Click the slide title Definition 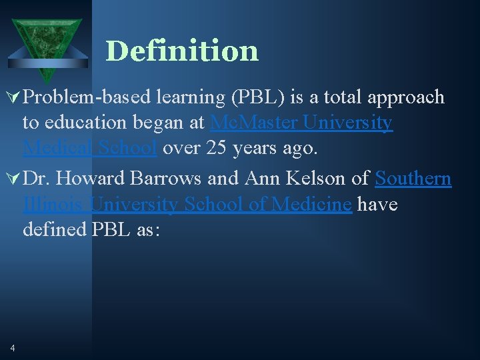[x=181, y=51]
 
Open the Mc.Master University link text [x=301, y=123]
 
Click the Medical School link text [x=90, y=148]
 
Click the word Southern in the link [x=413, y=179]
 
